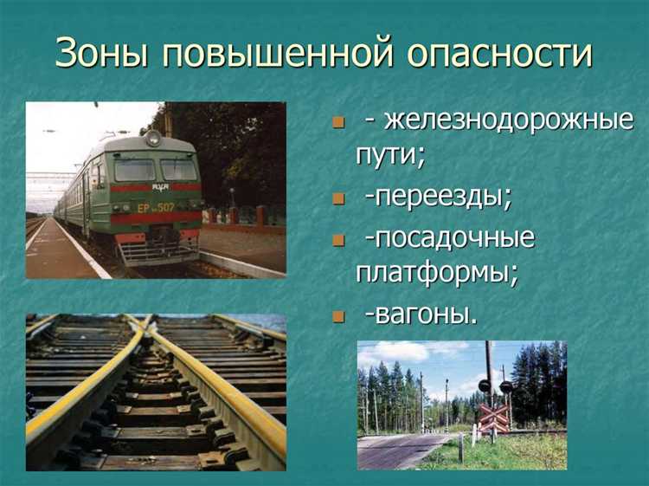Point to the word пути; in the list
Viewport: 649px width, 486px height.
(x=390, y=157)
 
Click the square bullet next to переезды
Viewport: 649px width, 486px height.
(x=338, y=199)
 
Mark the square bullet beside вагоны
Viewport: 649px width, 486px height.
(x=338, y=316)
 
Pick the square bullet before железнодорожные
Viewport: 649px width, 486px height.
(x=338, y=122)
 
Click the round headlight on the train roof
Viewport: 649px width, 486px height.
(x=153, y=138)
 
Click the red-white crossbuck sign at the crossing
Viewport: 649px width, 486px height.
(x=494, y=418)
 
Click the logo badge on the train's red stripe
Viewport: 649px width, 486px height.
(x=159, y=187)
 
